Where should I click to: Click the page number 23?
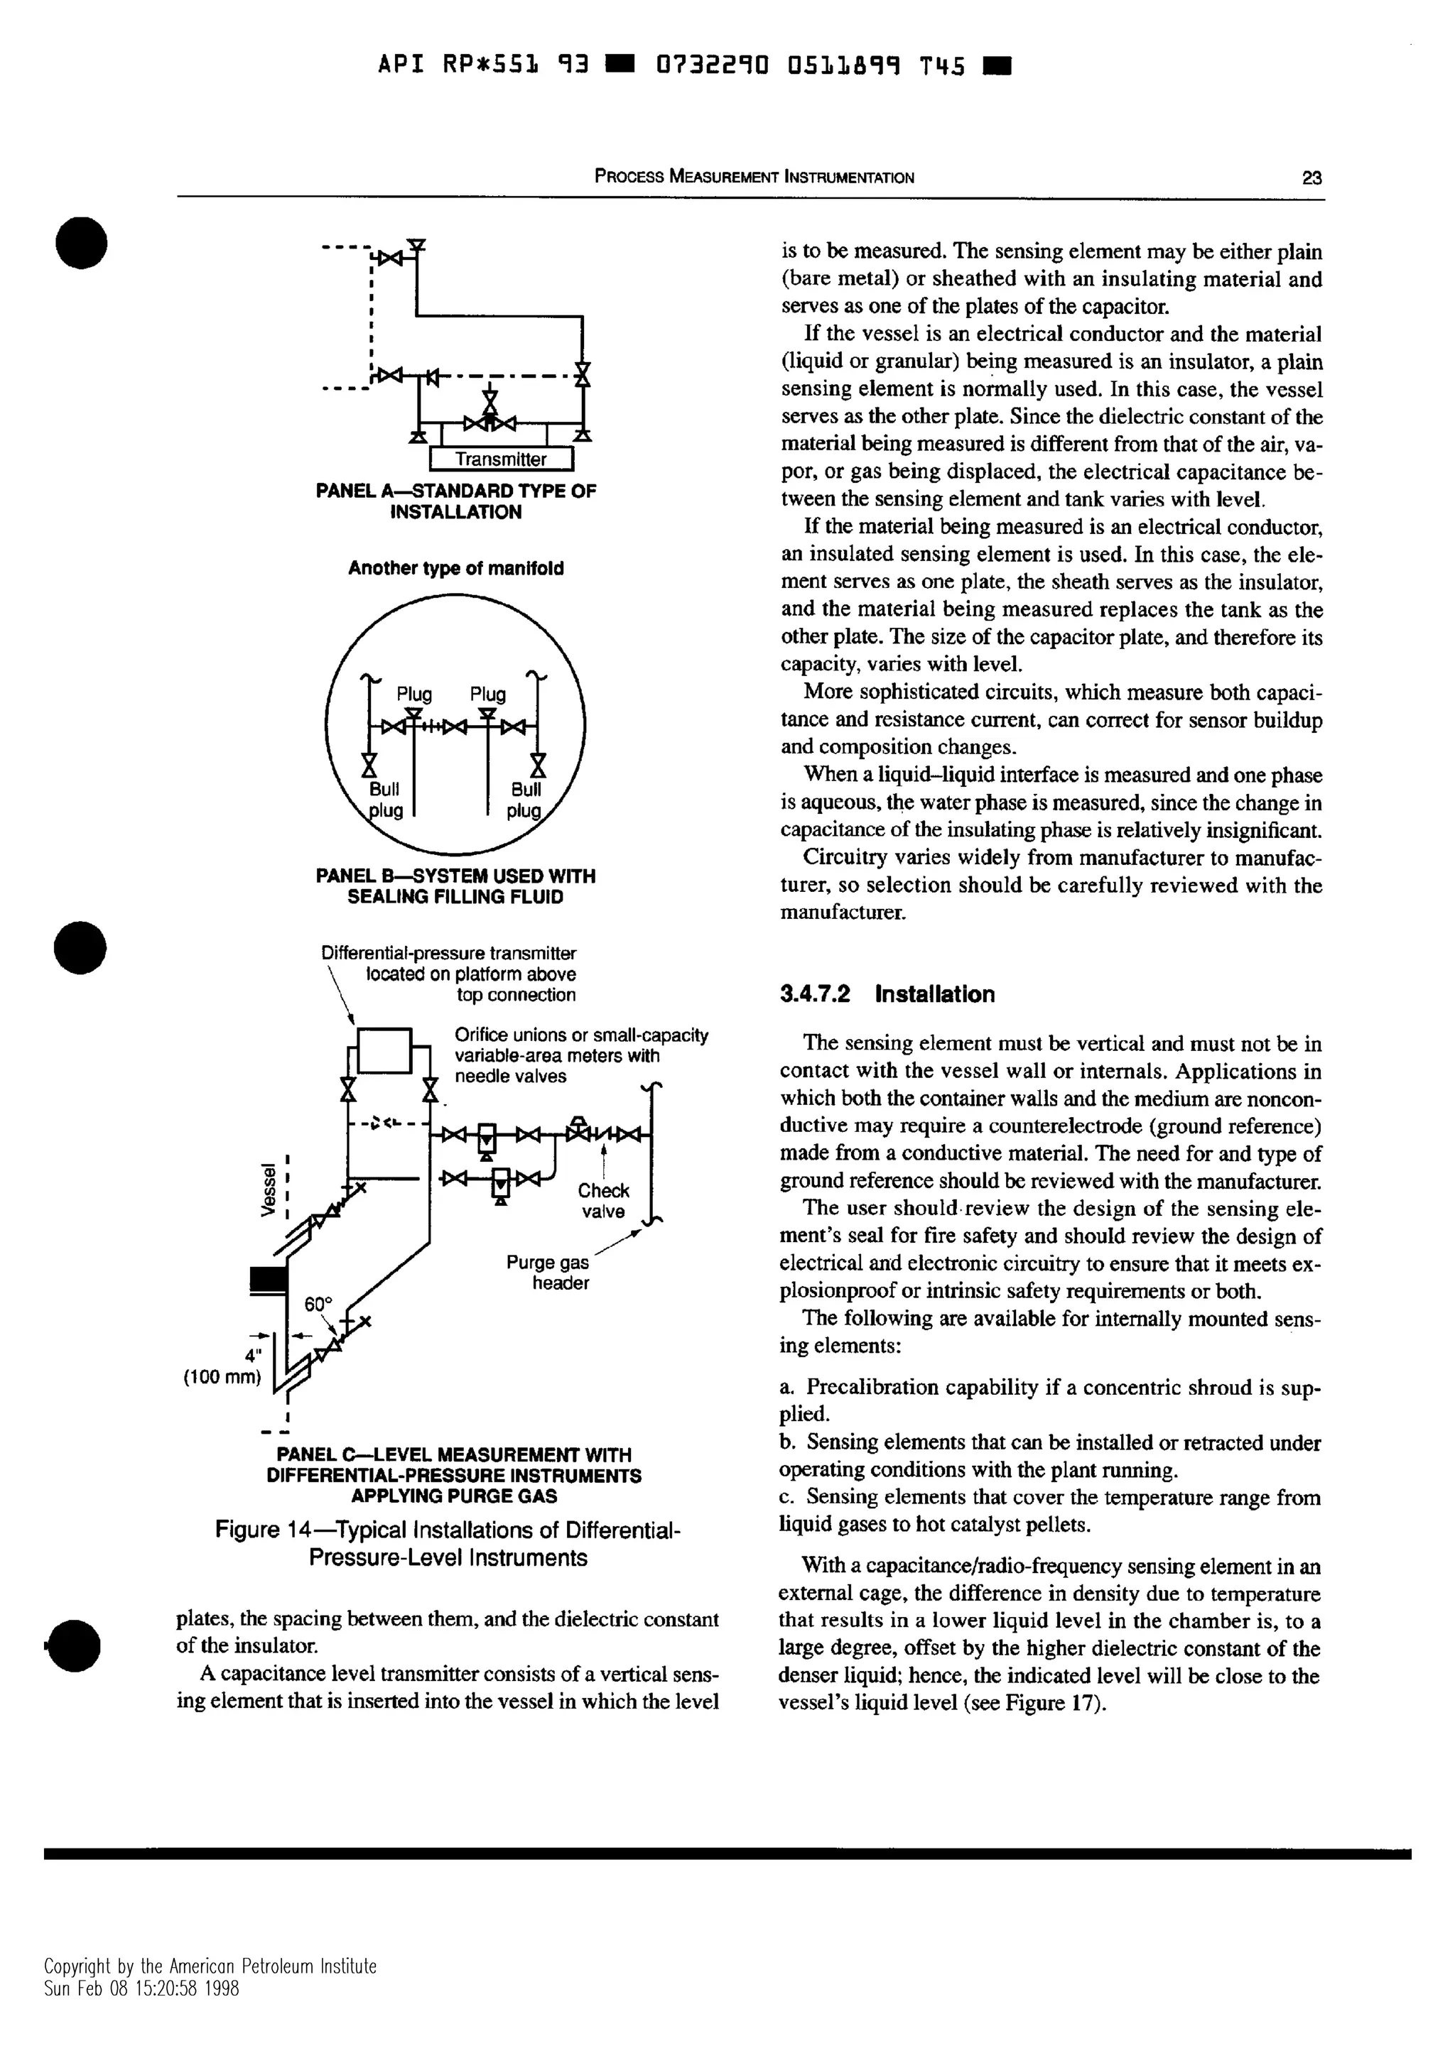tap(1311, 178)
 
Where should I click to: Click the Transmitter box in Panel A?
tap(500, 459)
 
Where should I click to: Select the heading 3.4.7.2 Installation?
tap(887, 994)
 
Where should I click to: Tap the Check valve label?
tap(603, 1200)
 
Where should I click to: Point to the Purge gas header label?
tap(548, 1272)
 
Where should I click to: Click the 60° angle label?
tap(318, 1303)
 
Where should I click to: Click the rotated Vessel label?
tap(266, 1189)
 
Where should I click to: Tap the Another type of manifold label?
tap(455, 568)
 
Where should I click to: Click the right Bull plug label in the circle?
tap(525, 800)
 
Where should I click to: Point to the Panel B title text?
tap(455, 886)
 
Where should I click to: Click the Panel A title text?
tap(455, 501)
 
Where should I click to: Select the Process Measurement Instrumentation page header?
tap(754, 178)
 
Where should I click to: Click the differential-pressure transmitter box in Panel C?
tap(384, 1050)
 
